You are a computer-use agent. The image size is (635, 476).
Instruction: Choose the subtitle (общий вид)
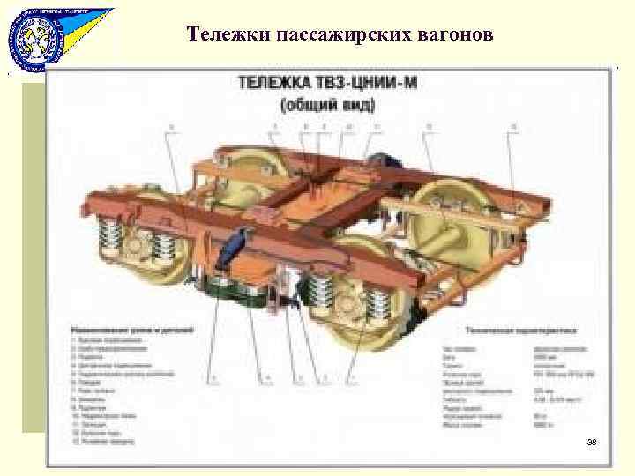[x=328, y=105]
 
